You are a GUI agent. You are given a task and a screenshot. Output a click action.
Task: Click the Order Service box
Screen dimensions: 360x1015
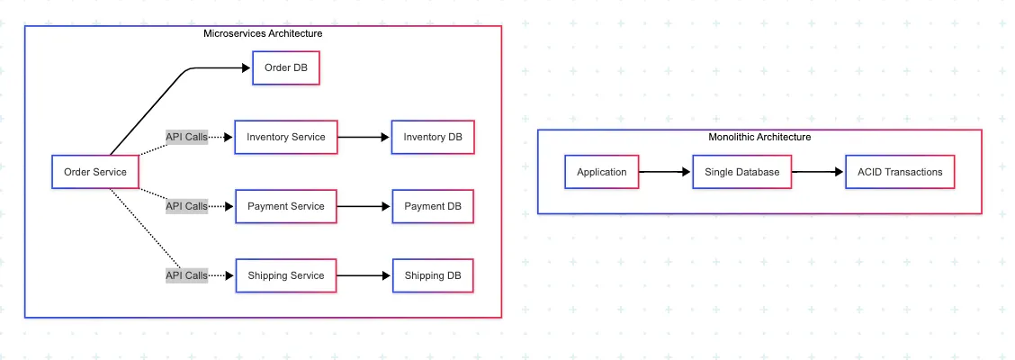[95, 172]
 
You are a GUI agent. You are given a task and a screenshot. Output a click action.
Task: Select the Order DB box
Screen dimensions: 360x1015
[286, 68]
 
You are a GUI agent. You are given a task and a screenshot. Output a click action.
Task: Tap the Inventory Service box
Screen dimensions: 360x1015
[285, 138]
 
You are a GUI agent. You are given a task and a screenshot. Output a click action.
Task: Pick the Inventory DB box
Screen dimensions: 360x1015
[433, 138]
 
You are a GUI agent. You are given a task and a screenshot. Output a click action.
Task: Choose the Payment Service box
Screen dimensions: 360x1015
[285, 206]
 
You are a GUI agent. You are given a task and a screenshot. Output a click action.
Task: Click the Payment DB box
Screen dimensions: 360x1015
[433, 206]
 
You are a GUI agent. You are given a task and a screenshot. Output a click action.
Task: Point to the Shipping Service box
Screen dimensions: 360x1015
[285, 275]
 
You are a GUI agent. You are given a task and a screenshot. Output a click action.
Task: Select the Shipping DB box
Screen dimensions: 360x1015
[433, 275]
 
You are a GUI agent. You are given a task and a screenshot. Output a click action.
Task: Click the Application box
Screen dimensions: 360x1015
[601, 172]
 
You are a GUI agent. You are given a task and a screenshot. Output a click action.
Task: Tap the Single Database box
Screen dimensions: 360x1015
[741, 172]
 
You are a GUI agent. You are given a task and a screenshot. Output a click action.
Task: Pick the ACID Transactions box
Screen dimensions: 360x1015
[900, 172]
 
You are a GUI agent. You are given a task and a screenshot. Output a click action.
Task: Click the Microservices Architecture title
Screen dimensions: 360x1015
[263, 33]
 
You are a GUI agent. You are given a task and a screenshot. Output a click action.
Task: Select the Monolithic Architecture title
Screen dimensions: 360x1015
[759, 137]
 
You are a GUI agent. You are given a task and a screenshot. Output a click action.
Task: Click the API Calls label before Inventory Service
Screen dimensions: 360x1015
[186, 138]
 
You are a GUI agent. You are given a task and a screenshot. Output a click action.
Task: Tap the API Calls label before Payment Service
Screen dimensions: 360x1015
[186, 206]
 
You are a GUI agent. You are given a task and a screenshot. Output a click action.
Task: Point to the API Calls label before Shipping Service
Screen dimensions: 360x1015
[186, 275]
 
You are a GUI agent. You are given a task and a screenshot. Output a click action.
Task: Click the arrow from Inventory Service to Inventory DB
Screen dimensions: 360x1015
[364, 138]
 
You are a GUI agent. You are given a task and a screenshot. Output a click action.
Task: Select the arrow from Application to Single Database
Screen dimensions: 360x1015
[665, 172]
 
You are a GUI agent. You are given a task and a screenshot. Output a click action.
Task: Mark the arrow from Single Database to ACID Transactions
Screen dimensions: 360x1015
[818, 172]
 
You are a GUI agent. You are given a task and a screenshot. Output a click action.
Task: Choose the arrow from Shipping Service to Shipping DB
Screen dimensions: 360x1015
[364, 275]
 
